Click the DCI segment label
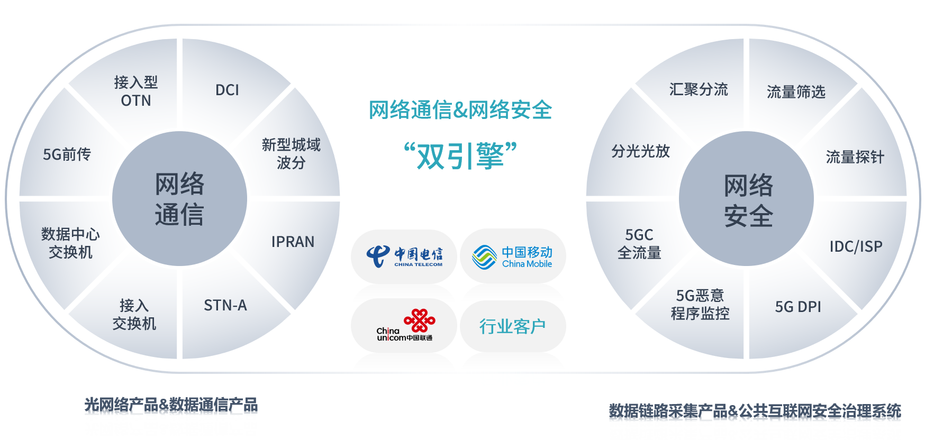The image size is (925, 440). (x=227, y=90)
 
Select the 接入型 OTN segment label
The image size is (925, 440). (x=136, y=91)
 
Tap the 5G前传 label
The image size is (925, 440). (x=67, y=154)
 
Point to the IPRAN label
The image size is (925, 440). (x=293, y=242)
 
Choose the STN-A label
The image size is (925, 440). (x=225, y=305)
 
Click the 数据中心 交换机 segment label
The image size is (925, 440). (x=70, y=243)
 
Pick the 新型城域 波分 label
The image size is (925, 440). (x=291, y=153)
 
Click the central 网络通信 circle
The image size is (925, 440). (x=179, y=199)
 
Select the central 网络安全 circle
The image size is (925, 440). (x=746, y=199)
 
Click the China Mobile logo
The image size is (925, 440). (x=512, y=256)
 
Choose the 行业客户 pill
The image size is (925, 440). (x=513, y=326)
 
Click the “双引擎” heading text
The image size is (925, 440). (x=460, y=156)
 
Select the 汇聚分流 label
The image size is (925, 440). (x=699, y=89)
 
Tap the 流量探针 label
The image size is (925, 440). (x=855, y=157)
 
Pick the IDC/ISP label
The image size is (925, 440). (x=856, y=246)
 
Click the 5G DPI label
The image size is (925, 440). (x=798, y=307)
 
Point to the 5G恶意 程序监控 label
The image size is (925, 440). (x=700, y=304)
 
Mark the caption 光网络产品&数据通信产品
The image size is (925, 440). (x=171, y=405)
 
